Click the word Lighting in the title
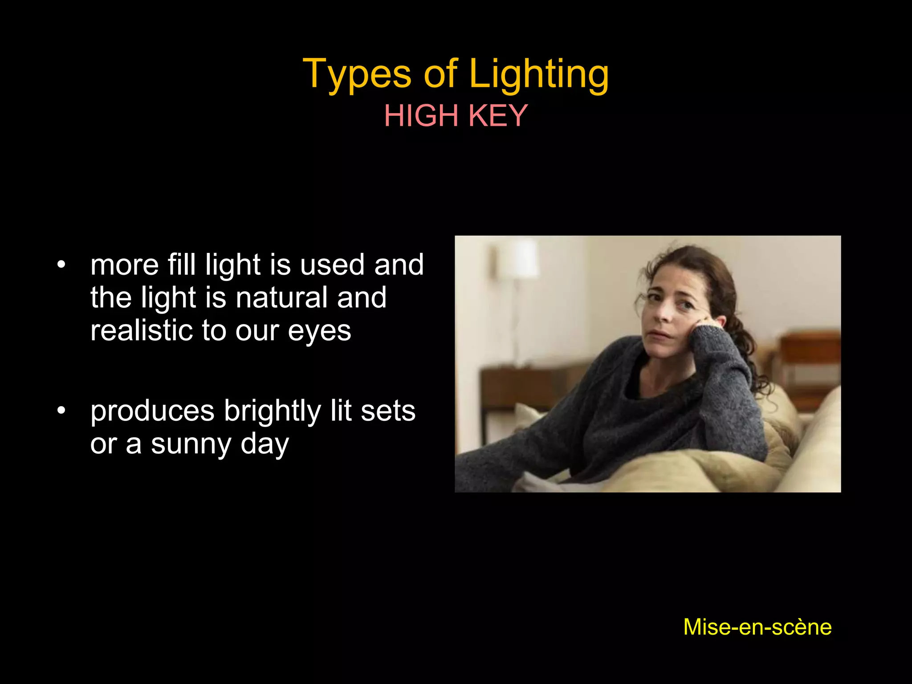[539, 74]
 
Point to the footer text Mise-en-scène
[757, 627]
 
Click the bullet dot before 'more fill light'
[61, 265]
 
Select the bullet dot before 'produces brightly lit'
[61, 411]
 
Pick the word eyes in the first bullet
[319, 332]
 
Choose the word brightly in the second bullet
[272, 411]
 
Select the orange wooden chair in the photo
[808, 365]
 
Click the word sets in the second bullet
[388, 411]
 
